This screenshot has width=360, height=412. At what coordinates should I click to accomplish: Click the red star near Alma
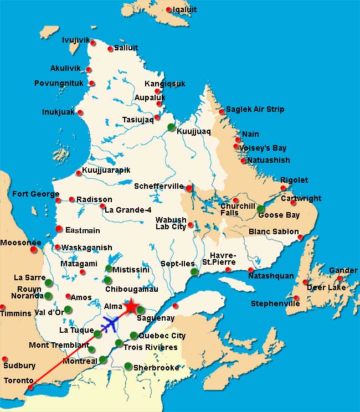[131, 306]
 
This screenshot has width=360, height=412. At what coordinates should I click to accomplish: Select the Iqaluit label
[184, 9]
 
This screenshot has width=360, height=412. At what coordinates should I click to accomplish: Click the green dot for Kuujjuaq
[171, 127]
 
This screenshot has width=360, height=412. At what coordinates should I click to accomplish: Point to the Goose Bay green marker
[260, 209]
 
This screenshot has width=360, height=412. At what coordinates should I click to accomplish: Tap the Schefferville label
[158, 187]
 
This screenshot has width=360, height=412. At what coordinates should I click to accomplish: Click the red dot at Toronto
[30, 387]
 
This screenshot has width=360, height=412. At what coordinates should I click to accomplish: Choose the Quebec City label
[162, 336]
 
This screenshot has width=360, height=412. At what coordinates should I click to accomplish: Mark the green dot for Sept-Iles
[194, 272]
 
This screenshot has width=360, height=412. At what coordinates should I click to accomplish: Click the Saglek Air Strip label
[255, 109]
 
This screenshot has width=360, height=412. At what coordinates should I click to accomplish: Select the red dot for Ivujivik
[93, 43]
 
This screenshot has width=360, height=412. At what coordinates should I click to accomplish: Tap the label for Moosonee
[20, 243]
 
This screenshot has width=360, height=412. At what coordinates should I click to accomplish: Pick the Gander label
[343, 270]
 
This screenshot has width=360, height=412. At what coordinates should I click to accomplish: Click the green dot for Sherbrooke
[128, 365]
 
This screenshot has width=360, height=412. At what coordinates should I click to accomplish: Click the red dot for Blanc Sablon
[300, 238]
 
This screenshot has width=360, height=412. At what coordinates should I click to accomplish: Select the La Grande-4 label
[128, 210]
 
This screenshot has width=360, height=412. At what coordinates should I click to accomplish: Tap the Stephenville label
[275, 303]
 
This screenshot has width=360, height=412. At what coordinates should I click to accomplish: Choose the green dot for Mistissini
[109, 269]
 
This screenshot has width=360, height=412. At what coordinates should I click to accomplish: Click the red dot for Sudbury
[5, 359]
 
